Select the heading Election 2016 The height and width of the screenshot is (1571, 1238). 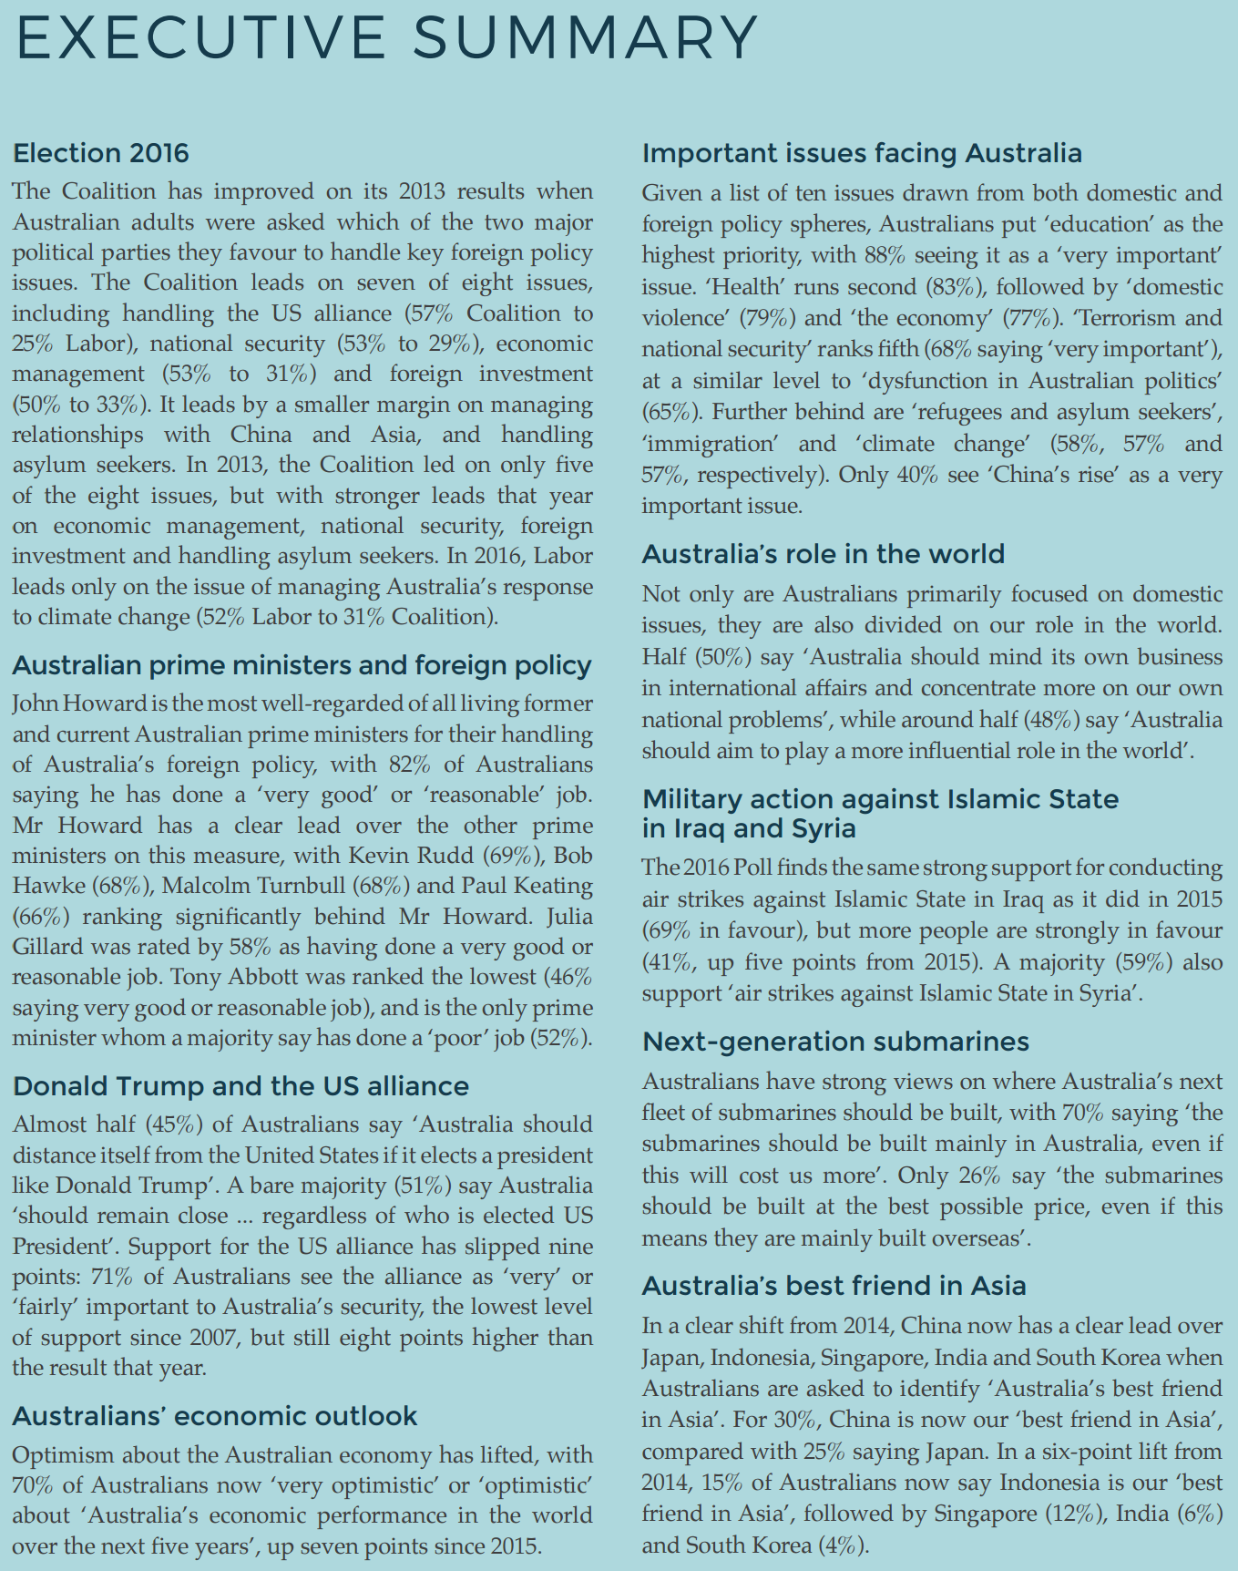(101, 152)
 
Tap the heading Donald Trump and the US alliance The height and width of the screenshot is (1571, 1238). (240, 1085)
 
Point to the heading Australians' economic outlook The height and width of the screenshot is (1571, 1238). (215, 1415)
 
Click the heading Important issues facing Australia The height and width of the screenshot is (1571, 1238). (862, 152)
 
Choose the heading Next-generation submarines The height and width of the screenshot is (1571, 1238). (835, 1041)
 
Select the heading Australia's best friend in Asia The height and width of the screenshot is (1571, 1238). (834, 1285)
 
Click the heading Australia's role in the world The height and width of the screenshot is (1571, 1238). (824, 553)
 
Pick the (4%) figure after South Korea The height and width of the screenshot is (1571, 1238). (843, 1545)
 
